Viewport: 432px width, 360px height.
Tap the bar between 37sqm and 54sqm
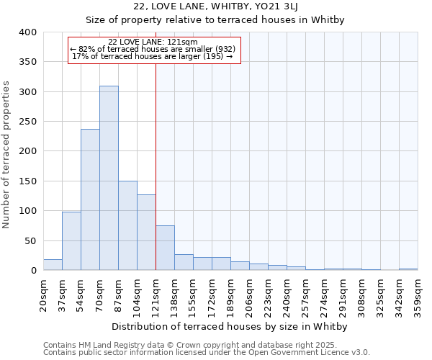pos(71,241)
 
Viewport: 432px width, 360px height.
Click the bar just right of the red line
pos(165,248)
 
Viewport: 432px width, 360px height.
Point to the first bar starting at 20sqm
pos(53,264)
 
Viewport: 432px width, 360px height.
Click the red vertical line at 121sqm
pos(156,166)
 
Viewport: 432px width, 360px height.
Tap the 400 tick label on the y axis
pos(27,32)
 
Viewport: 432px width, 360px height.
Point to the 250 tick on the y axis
pos(27,122)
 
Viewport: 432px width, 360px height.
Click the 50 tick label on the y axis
pos(30,240)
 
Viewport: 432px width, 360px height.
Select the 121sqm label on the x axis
pos(156,295)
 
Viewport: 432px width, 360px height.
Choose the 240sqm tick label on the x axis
pos(287,295)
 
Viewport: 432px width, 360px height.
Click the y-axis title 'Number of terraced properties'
pos(6,154)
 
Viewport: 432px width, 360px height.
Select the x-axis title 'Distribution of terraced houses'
pos(230,326)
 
